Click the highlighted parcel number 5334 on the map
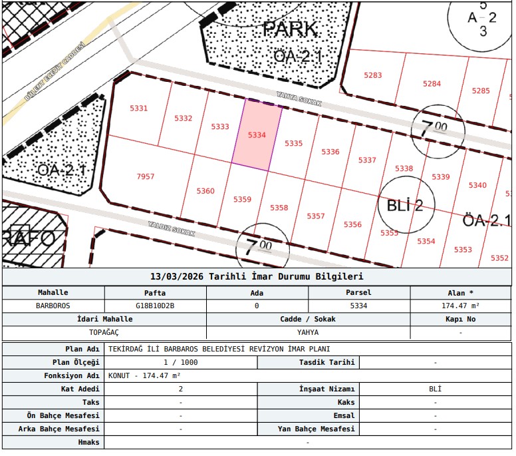coord(257,135)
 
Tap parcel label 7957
coord(146,176)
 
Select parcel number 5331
coord(138,109)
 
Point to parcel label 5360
coord(205,191)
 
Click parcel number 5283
coord(373,75)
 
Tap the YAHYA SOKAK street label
coord(299,99)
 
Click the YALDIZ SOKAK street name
coord(172,229)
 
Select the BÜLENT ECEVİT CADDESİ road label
coord(55,71)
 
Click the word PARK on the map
coord(290,29)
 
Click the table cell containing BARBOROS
coord(53,306)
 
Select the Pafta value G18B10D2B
coord(155,306)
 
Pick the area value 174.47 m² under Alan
coord(460,306)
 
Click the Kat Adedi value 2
coord(181,389)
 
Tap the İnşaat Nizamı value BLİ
coord(435,389)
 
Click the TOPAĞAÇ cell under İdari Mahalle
coord(104,332)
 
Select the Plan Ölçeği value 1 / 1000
coord(181,362)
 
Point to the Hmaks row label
coord(88,443)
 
